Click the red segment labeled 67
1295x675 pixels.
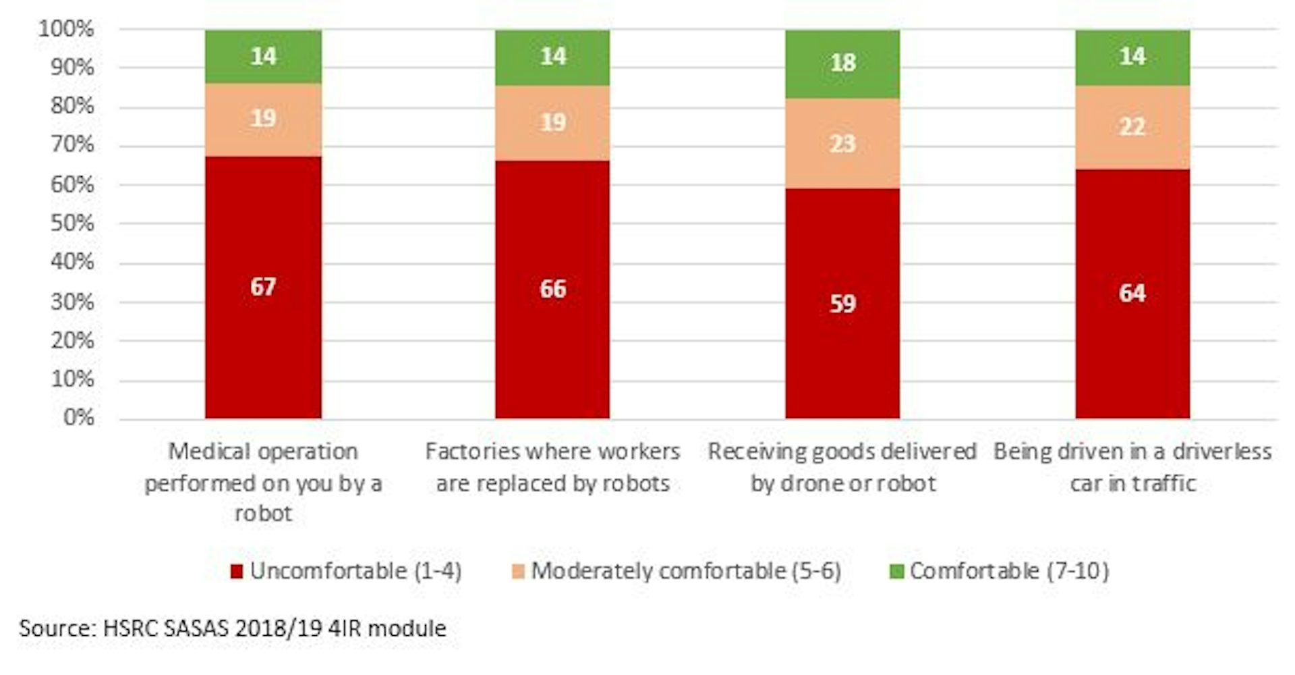263,288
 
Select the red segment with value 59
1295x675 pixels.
842,304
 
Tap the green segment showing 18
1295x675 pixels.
842,63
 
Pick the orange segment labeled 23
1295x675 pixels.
842,143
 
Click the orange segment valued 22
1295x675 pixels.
1132,127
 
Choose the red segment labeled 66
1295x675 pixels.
552,290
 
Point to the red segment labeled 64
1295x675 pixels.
1132,294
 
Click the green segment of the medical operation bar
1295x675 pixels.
263,56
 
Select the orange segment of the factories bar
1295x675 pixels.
552,123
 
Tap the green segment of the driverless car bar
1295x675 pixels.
1132,57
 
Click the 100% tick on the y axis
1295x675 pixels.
66,29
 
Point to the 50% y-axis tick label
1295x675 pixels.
71,223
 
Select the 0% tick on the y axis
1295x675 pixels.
78,418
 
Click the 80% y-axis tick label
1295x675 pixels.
71,107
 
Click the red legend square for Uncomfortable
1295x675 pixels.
236,572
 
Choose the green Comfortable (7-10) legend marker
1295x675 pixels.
896,572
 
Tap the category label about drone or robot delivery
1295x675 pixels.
842,467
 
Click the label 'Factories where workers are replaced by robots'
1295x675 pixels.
552,467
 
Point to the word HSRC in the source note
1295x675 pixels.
132,628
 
